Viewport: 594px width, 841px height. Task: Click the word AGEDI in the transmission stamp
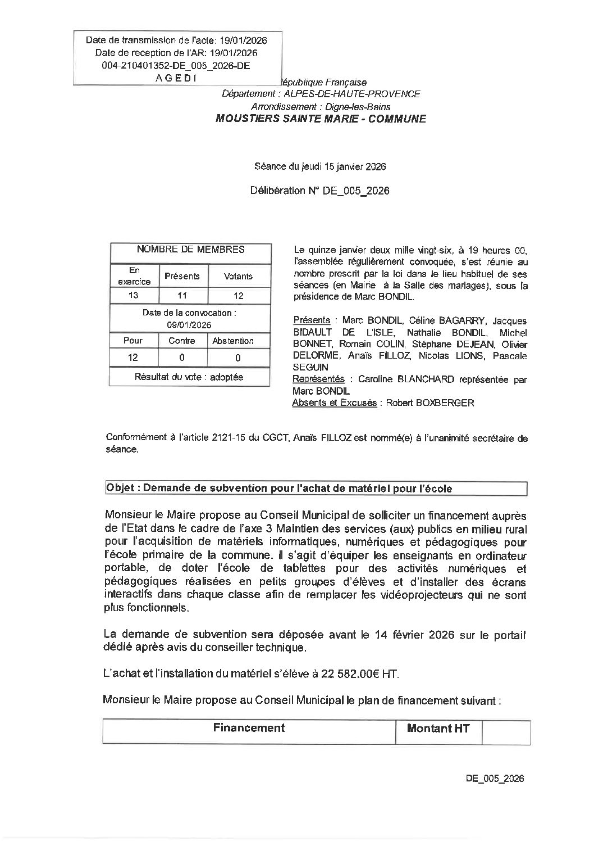[x=176, y=78]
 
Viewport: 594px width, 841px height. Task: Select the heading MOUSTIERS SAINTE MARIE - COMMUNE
[x=321, y=119]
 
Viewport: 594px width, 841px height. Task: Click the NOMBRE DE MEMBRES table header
[x=190, y=250]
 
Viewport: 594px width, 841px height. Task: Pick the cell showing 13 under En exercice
[x=134, y=296]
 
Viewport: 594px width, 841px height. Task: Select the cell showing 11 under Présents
[x=182, y=296]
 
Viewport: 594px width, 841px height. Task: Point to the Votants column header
[x=239, y=276]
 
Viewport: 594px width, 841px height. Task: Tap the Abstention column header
[x=233, y=341]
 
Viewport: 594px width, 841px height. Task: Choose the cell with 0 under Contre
[x=182, y=358]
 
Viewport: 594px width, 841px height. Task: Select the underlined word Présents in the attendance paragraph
[x=312, y=320]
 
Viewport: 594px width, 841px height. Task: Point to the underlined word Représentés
[x=318, y=379]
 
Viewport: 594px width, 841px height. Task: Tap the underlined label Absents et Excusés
[x=334, y=403]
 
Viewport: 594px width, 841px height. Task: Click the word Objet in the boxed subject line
[x=120, y=488]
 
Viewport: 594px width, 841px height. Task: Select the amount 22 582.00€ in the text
[x=351, y=674]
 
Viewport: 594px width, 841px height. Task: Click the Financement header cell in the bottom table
[x=249, y=728]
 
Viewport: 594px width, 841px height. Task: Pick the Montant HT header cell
[x=438, y=729]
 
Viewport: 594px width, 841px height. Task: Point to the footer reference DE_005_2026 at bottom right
[x=495, y=779]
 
